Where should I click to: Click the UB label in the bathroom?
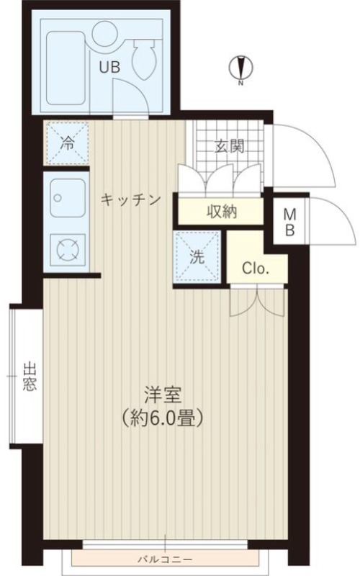110,67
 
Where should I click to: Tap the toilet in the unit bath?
145,59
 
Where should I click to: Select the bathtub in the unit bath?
66,68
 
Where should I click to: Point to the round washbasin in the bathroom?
104,33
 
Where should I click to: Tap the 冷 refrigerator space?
67,143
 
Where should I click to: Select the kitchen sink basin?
68,198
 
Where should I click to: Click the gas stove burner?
68,250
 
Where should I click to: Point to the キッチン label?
131,199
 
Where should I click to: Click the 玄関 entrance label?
230,147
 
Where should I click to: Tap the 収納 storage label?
222,212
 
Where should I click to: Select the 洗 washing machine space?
197,256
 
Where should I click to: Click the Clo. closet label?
256,269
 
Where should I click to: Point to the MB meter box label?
290,222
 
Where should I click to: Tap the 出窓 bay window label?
30,377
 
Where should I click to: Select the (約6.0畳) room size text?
163,418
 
